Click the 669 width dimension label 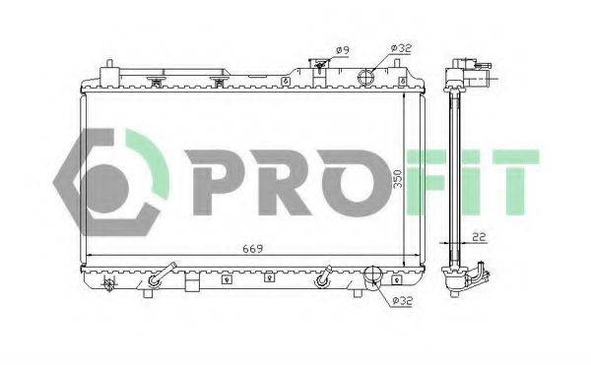pos(252,249)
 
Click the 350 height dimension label pos(397,179)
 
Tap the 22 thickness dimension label pos(479,237)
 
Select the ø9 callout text pos(343,49)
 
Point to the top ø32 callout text pos(401,48)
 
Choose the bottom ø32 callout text pos(403,301)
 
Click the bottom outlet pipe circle pos(372,274)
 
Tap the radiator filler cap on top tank pos(319,65)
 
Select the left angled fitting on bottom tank pos(162,274)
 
